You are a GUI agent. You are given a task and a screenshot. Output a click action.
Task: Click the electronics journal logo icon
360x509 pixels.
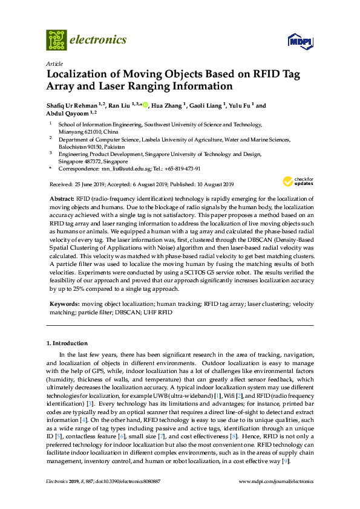click(57, 40)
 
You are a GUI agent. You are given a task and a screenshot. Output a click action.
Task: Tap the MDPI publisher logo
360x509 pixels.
click(298, 41)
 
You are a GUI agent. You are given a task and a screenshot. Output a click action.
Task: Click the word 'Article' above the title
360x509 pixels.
click(53, 63)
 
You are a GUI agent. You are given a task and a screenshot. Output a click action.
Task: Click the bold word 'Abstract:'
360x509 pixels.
click(62, 199)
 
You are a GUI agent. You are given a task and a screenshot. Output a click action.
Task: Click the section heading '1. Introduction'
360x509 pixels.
click(67, 343)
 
